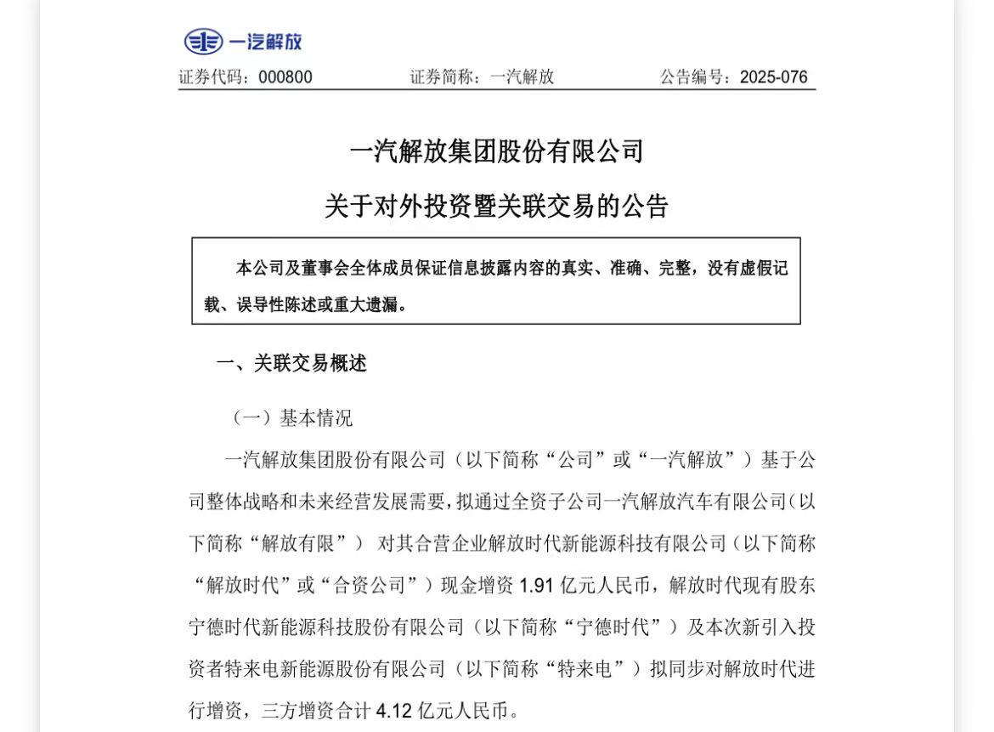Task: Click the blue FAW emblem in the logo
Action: click(x=203, y=41)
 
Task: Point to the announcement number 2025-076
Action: click(x=773, y=77)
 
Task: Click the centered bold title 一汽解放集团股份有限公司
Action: click(x=497, y=151)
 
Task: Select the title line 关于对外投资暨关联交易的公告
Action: click(x=497, y=206)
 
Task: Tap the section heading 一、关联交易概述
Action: click(x=291, y=364)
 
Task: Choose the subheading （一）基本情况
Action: click(x=291, y=418)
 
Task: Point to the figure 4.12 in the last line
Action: click(x=393, y=710)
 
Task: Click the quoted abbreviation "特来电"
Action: click(x=597, y=668)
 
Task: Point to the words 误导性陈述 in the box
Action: click(x=265, y=304)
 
